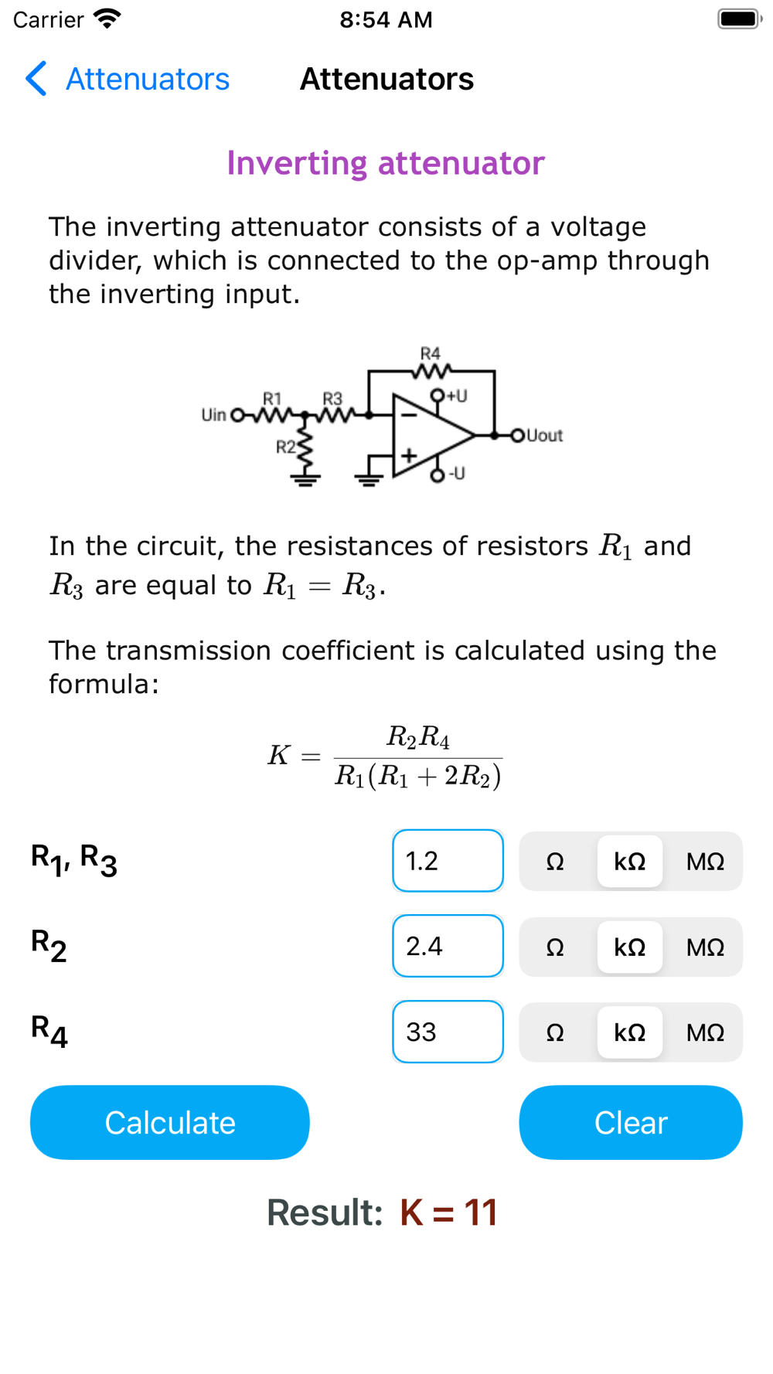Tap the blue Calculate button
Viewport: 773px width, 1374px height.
(169, 1122)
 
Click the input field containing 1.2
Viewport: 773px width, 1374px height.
(448, 860)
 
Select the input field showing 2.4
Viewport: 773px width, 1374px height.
(448, 946)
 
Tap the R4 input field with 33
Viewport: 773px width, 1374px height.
(448, 1032)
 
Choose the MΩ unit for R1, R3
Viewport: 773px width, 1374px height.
(705, 861)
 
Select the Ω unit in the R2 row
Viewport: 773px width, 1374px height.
(555, 947)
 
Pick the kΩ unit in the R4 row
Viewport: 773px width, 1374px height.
(630, 1032)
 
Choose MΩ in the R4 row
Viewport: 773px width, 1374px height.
(705, 1032)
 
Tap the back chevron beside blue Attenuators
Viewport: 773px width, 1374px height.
(36, 79)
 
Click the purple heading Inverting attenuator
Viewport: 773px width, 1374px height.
(386, 163)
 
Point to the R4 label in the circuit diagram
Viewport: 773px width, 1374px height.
(431, 353)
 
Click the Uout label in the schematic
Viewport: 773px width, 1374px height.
(544, 435)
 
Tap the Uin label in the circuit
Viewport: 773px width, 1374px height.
(213, 415)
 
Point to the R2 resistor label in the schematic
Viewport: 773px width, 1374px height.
(286, 447)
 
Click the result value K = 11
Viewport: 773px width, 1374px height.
(448, 1212)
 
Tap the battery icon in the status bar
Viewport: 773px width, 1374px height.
(740, 19)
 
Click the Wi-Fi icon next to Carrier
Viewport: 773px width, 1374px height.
(107, 19)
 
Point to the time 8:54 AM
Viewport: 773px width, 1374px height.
(386, 19)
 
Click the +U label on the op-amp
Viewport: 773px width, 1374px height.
(457, 396)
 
